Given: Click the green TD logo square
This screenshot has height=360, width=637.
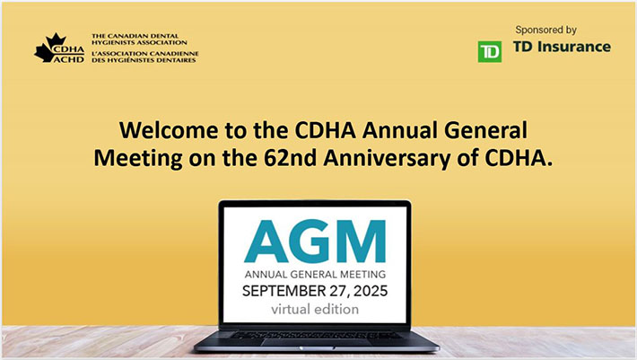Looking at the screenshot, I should [x=489, y=51].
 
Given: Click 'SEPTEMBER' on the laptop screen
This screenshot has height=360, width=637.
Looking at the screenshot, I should [x=285, y=291].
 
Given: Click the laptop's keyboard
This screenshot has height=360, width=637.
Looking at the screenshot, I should [x=317, y=334].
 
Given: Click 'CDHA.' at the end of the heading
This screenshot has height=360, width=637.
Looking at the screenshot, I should [x=510, y=156].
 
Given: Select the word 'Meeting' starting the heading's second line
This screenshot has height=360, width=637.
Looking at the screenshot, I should [x=133, y=156].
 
